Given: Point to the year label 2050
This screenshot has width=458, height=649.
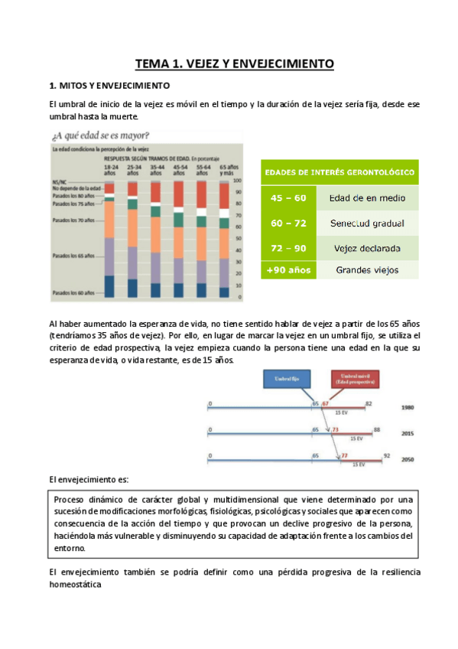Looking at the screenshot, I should point(408,460).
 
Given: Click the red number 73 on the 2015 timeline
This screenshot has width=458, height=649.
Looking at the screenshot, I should point(335,430).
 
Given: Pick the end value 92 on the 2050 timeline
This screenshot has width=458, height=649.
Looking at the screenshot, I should point(387,455).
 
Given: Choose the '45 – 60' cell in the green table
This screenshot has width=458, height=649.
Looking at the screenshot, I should point(288,198).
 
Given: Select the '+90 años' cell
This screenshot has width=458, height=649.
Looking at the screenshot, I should point(288,269).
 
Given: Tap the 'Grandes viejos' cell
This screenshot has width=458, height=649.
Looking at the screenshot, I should point(368,269).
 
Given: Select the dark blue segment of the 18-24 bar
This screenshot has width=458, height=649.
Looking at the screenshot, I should point(109,286).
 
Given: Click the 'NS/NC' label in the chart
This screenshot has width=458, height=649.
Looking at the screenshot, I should point(58,181).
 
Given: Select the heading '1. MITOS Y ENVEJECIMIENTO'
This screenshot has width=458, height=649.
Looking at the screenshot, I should point(109,86).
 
